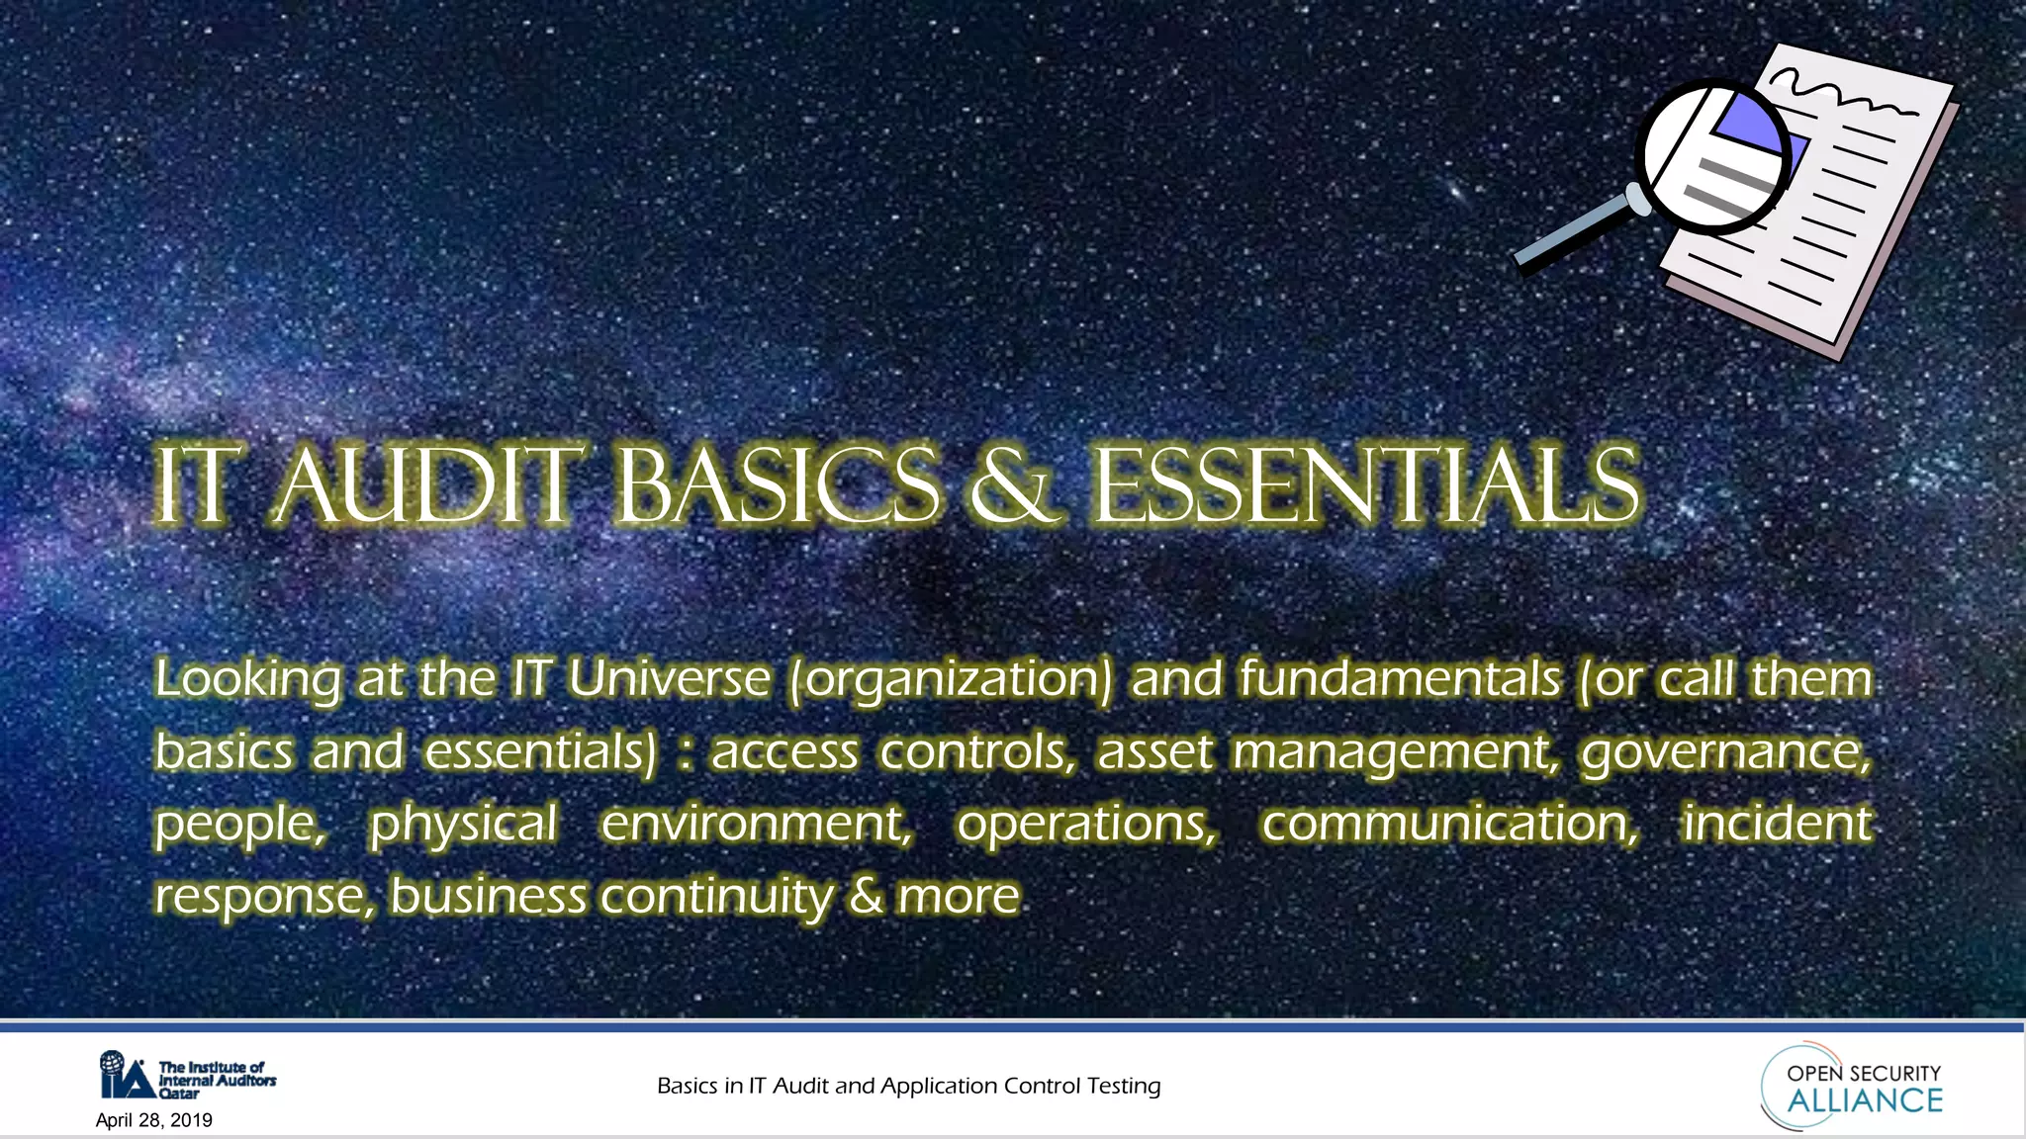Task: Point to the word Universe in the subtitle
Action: click(x=669, y=679)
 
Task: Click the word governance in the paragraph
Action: click(x=1725, y=753)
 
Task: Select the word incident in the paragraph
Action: click(x=1778, y=824)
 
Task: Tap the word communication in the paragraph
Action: click(x=1449, y=824)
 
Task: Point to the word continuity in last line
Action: click(x=716, y=898)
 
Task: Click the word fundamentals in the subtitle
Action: click(x=1400, y=679)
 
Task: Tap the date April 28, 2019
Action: click(x=154, y=1120)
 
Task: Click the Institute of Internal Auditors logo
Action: click(x=187, y=1076)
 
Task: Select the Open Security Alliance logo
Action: click(x=1852, y=1086)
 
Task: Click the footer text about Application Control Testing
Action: click(x=908, y=1086)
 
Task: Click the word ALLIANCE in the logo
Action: click(x=1865, y=1101)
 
